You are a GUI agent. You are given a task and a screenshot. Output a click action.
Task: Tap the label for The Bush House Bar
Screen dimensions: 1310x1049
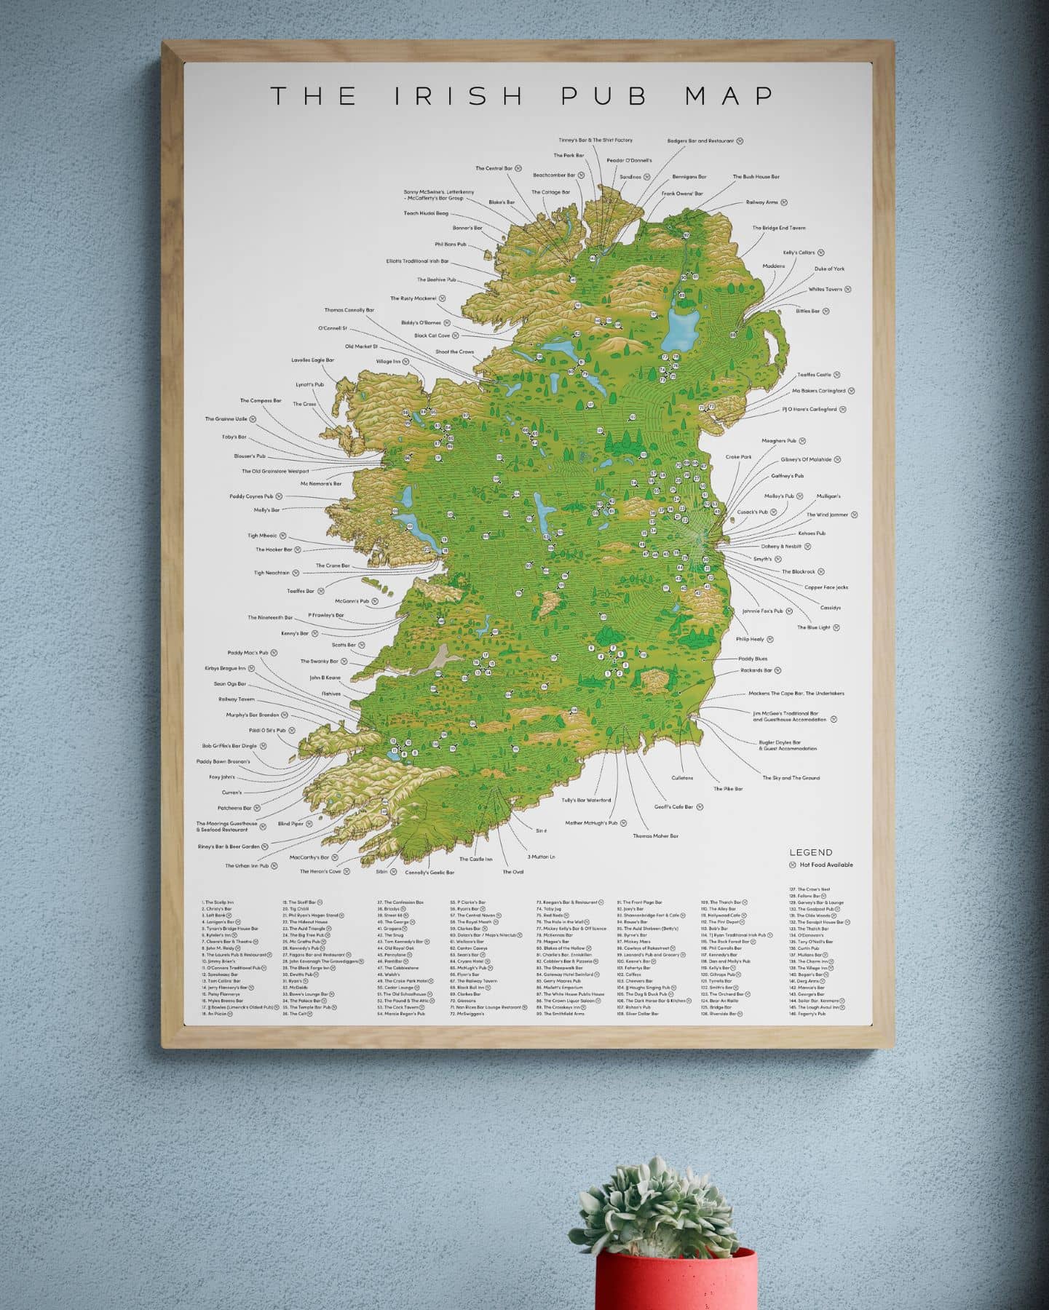756,177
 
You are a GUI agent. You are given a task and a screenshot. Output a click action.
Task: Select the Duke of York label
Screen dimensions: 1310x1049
829,269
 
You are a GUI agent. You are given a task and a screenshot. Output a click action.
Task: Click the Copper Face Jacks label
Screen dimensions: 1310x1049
826,587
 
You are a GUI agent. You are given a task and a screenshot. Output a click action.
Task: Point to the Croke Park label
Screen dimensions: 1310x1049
738,457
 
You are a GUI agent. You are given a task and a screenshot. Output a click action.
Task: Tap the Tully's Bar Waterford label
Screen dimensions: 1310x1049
586,800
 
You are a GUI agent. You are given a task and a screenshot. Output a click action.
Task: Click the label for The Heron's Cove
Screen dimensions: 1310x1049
320,871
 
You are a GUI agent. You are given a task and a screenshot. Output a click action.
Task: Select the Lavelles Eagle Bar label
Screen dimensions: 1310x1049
312,360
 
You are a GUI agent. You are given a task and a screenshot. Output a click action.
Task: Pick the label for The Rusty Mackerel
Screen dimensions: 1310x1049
413,298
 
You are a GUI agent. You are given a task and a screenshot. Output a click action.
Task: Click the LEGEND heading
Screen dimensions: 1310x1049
811,852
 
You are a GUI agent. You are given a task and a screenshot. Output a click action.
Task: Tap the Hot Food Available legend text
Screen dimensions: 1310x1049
826,865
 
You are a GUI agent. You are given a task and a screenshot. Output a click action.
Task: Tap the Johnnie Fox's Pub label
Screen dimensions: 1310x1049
762,611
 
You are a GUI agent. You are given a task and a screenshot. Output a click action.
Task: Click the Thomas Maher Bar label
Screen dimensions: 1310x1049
655,836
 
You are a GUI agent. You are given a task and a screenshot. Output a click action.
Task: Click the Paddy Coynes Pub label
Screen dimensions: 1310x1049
250,496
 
